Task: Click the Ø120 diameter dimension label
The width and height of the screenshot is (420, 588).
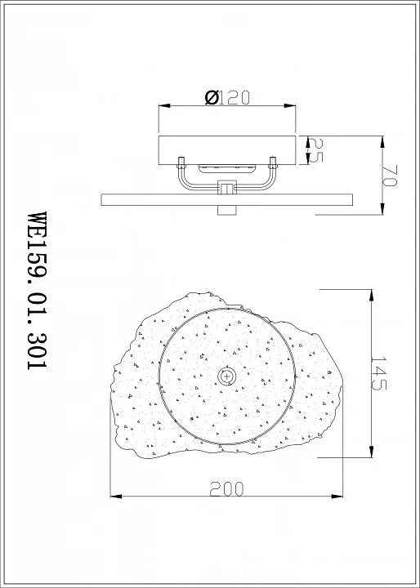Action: (x=227, y=98)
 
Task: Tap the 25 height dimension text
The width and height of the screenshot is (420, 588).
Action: (x=315, y=150)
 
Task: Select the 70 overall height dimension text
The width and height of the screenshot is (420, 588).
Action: (x=390, y=176)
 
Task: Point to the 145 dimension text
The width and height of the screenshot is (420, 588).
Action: (x=378, y=373)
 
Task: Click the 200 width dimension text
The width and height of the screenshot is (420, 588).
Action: (x=226, y=489)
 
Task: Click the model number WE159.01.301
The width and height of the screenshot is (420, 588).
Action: (x=37, y=291)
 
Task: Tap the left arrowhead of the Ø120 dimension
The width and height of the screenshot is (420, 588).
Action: (x=164, y=105)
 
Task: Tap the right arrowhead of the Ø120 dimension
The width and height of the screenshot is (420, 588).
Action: (x=290, y=105)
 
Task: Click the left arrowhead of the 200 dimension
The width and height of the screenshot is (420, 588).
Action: (x=116, y=497)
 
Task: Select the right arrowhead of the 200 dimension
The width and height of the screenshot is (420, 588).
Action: (x=337, y=497)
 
